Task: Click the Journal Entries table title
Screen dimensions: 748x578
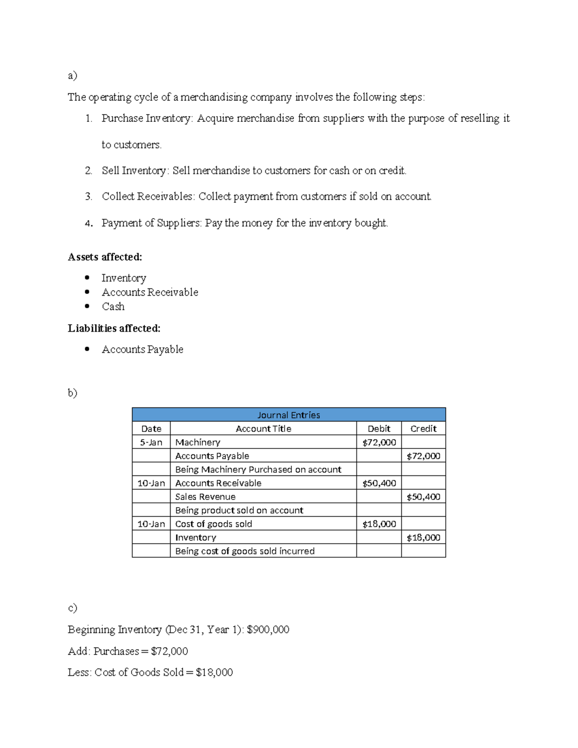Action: pyautogui.click(x=289, y=415)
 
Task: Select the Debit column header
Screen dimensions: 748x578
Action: pyautogui.click(x=379, y=429)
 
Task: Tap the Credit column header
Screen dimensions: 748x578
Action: pyautogui.click(x=423, y=429)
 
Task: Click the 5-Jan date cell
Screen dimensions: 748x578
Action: pyautogui.click(x=151, y=442)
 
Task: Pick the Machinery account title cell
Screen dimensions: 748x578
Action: pyautogui.click(x=197, y=442)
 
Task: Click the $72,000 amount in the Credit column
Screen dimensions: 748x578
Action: pyautogui.click(x=423, y=456)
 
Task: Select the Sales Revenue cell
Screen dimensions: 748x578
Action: pyautogui.click(x=205, y=497)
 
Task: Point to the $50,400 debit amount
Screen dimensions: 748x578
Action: pyautogui.click(x=379, y=483)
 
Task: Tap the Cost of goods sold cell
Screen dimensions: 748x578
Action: pyautogui.click(x=213, y=524)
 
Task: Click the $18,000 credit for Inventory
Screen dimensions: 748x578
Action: pyautogui.click(x=423, y=538)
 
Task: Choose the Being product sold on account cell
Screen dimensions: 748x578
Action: pyautogui.click(x=239, y=510)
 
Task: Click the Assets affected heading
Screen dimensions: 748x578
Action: pyautogui.click(x=105, y=257)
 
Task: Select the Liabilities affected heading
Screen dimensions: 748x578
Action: pyautogui.click(x=114, y=328)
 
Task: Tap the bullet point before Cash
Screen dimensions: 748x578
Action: pyautogui.click(x=87, y=306)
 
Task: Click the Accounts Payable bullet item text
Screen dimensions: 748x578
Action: pyautogui.click(x=143, y=349)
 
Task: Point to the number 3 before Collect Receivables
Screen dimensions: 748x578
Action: pyautogui.click(x=88, y=197)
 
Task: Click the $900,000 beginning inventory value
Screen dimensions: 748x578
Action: pyautogui.click(x=268, y=630)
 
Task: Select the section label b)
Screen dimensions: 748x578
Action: pyautogui.click(x=72, y=393)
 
